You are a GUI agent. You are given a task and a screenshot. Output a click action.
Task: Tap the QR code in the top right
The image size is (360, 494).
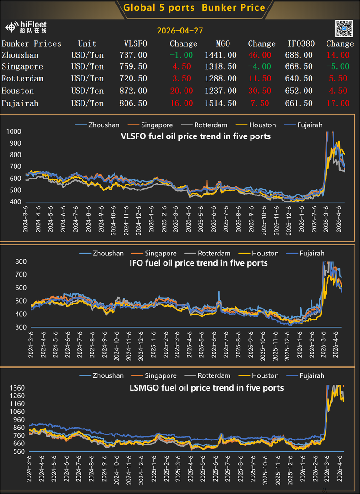pyautogui.click(x=344, y=28)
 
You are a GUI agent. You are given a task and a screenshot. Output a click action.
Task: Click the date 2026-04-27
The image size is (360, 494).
pyautogui.click(x=180, y=31)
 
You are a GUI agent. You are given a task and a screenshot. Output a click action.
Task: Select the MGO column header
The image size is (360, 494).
pyautogui.click(x=223, y=44)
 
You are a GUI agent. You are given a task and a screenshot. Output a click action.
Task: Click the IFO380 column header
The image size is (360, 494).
pyautogui.click(x=300, y=44)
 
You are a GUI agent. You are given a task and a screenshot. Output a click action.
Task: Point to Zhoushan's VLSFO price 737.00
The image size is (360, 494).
pyautogui.click(x=136, y=55)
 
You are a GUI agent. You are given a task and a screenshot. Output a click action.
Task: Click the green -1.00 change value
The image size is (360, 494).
pyautogui.click(x=181, y=55)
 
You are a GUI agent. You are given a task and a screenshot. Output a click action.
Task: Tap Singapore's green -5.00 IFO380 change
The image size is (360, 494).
pyautogui.click(x=338, y=66)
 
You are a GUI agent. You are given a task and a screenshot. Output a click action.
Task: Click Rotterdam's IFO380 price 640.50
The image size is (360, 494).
pyautogui.click(x=300, y=79)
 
